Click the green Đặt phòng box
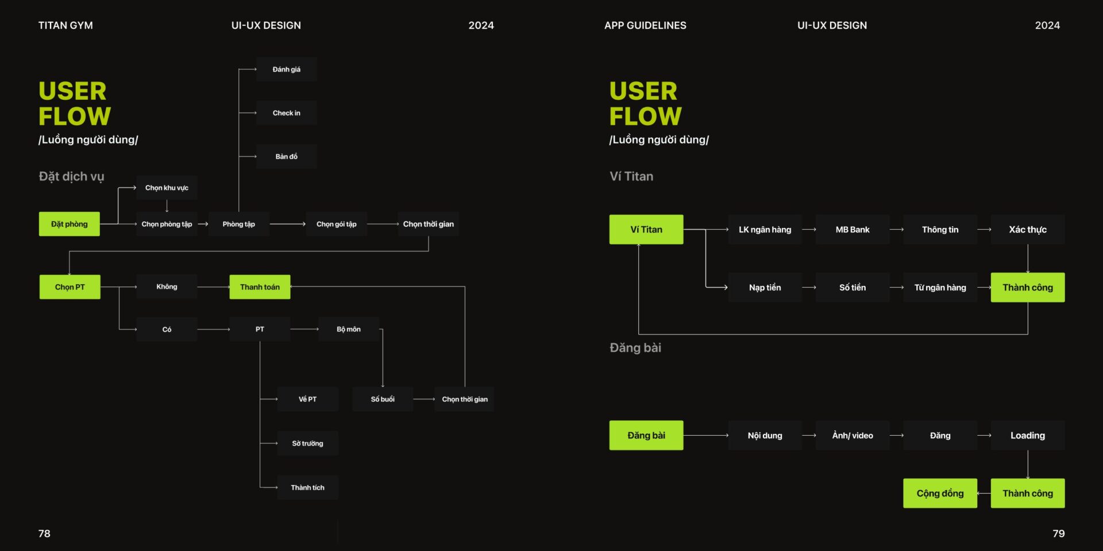click(69, 224)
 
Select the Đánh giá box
click(286, 69)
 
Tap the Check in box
click(286, 113)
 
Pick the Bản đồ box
click(286, 156)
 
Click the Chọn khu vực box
click(167, 188)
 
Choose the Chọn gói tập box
click(336, 224)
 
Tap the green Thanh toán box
click(260, 287)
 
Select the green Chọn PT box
click(70, 287)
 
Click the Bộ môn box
click(349, 329)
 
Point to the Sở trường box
click(307, 443)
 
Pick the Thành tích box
click(307, 487)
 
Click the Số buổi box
click(383, 399)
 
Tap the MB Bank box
click(853, 230)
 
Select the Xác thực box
click(1028, 230)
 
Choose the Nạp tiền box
click(765, 288)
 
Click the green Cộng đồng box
click(940, 493)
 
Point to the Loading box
click(1028, 435)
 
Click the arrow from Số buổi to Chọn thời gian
click(424, 399)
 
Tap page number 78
click(44, 534)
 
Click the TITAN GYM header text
click(65, 25)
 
